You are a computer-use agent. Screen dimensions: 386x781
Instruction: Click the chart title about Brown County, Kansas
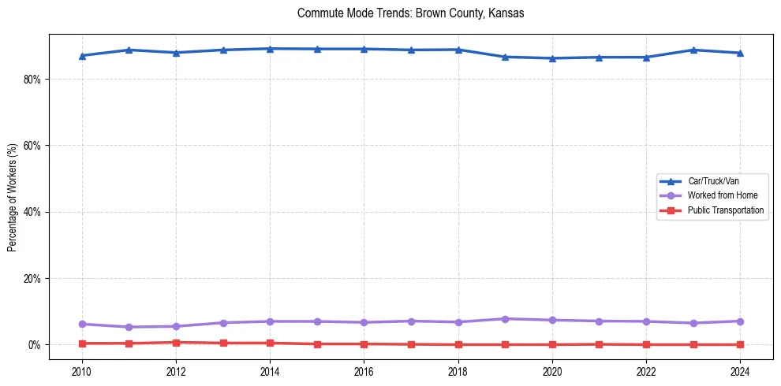click(410, 13)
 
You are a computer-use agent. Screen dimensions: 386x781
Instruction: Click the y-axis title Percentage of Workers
click(13, 197)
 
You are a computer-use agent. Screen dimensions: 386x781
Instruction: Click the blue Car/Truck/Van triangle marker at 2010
click(82, 56)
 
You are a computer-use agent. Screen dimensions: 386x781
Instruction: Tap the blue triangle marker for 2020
click(552, 58)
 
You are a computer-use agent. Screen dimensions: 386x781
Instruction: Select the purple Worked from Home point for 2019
click(505, 319)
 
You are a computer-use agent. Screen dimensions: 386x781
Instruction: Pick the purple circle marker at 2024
click(740, 321)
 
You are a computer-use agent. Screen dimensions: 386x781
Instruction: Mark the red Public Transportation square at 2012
click(176, 343)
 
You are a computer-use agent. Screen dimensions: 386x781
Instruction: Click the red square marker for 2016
click(364, 344)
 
